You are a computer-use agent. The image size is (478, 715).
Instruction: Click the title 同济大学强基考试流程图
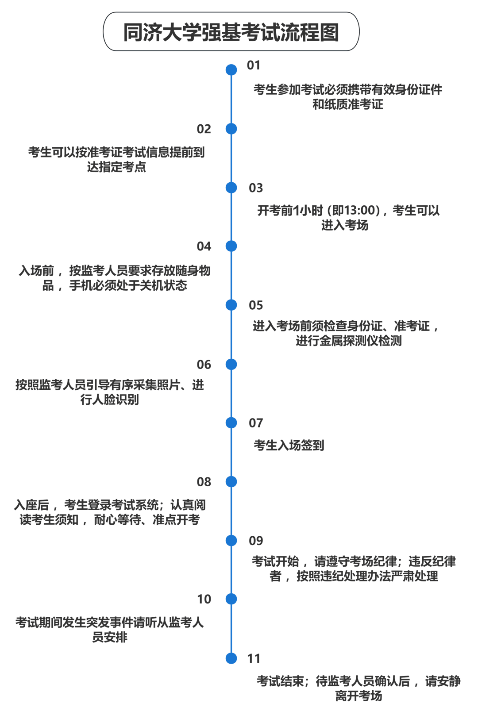[x=231, y=32]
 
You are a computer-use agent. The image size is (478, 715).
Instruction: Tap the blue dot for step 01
[x=231, y=69]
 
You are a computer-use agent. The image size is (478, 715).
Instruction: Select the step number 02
[x=204, y=129]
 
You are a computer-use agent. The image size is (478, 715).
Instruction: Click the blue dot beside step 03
[x=231, y=188]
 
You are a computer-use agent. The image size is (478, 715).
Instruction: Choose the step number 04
[x=204, y=246]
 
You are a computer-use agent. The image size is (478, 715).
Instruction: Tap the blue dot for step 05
[x=231, y=305]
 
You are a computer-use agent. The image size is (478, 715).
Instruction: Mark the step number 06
[x=204, y=364]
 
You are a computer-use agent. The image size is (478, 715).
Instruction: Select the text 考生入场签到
[x=289, y=445]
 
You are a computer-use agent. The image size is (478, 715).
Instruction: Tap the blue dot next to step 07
[x=231, y=423]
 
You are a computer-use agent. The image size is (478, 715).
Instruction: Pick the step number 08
[x=204, y=482]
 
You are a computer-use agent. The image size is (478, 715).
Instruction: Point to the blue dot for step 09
[x=231, y=540]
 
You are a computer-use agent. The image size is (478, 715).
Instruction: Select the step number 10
[x=204, y=599]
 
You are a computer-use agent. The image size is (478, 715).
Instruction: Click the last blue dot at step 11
[x=231, y=658]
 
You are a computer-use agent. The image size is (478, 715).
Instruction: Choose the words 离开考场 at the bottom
[x=358, y=696]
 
